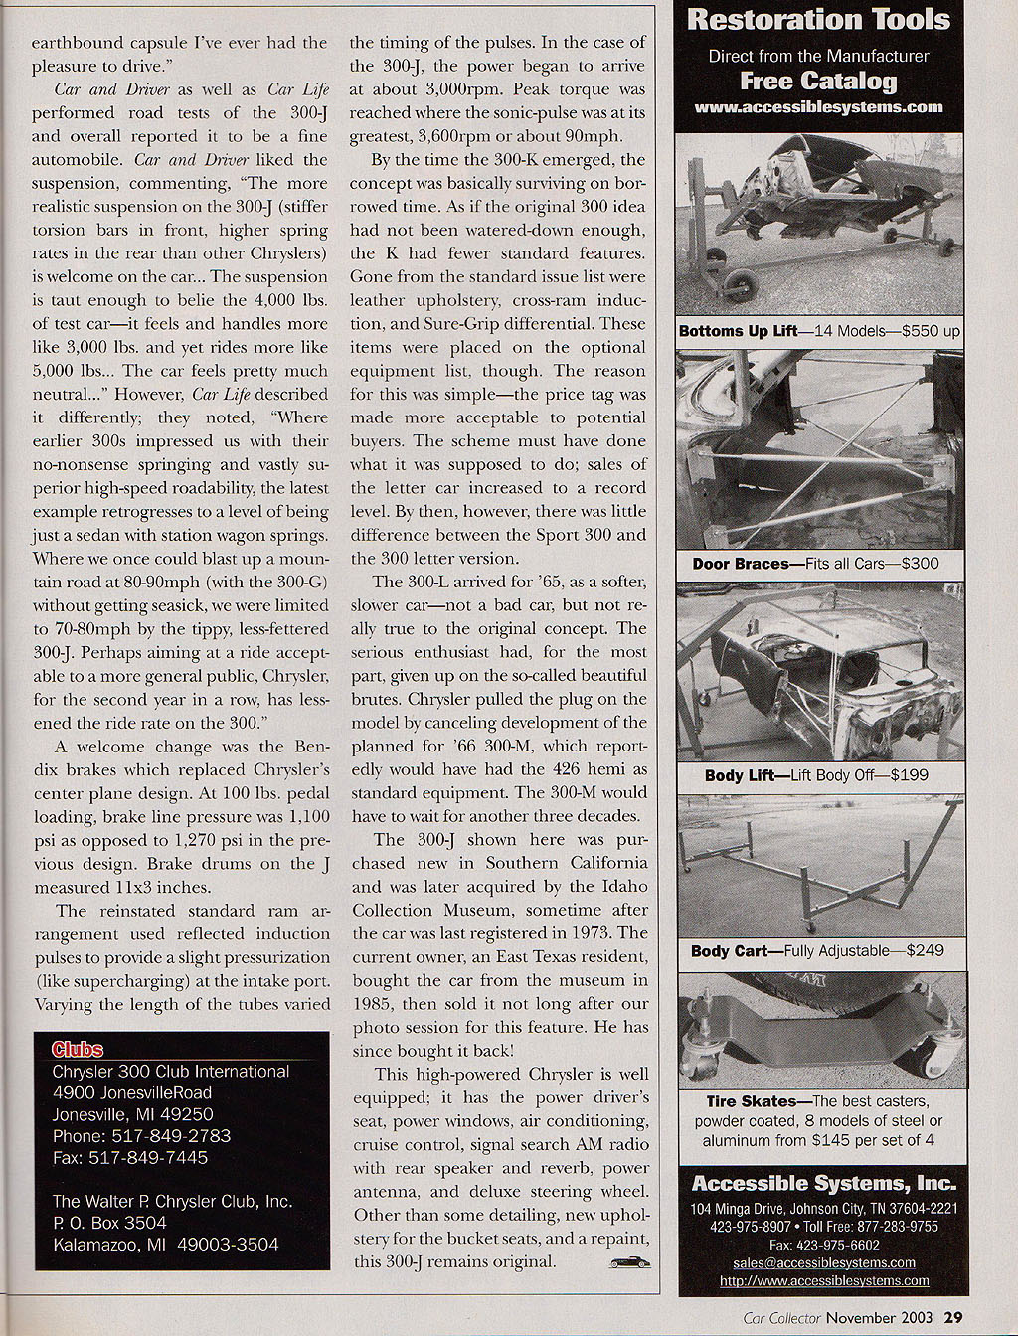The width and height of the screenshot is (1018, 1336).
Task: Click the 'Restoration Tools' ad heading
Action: coord(818,20)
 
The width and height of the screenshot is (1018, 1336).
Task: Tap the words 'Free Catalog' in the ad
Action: coord(818,82)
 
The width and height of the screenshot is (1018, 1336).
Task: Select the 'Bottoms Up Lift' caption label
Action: coord(738,331)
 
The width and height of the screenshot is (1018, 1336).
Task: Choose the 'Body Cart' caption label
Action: coord(730,951)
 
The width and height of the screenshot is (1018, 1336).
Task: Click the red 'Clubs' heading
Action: coord(78,1049)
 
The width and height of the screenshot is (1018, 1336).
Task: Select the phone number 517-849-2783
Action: coord(171,1135)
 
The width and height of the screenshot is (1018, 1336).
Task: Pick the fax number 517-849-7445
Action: coord(162,1157)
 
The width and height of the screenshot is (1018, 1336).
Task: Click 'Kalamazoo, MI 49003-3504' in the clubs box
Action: coord(165,1245)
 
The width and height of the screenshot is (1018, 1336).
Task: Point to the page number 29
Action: coord(952,1318)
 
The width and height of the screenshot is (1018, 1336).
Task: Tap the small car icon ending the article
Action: coord(628,1262)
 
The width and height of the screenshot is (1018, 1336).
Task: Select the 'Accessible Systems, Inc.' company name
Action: coord(823,1183)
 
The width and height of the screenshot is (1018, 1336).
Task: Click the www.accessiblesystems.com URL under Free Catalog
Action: coord(818,107)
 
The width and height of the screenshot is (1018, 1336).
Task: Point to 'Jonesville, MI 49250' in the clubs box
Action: coord(132,1114)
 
